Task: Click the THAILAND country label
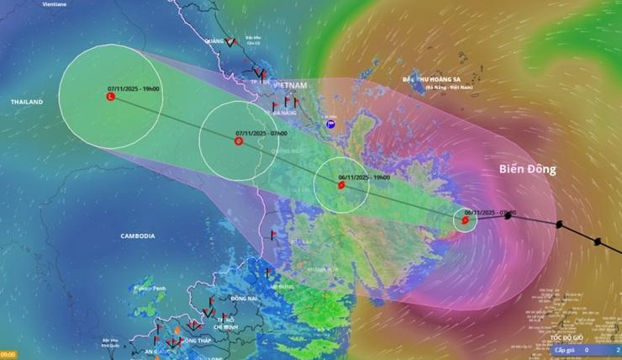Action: [x=26, y=102]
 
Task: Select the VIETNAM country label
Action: [x=291, y=86]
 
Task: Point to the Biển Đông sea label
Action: [x=528, y=169]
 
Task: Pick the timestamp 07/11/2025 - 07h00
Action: [x=261, y=133]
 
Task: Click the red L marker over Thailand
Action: [x=111, y=98]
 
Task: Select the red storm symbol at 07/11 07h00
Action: [x=239, y=141]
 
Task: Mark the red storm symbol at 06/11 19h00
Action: [x=340, y=185]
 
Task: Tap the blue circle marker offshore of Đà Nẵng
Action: [x=330, y=124]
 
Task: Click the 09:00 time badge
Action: [x=8, y=355]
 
